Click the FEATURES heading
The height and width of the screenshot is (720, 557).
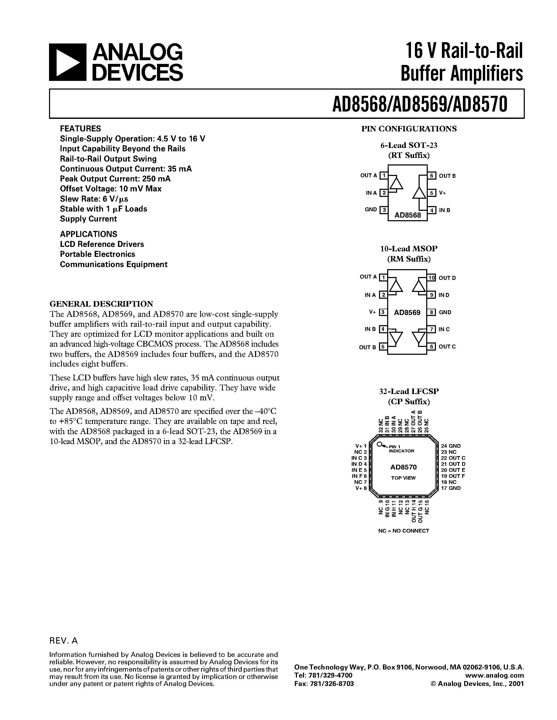80,129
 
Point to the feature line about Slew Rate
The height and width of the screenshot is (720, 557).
94,199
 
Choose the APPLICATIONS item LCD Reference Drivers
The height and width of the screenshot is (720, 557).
102,244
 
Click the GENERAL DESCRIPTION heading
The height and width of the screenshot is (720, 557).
101,304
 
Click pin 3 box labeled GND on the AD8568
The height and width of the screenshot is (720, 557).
384,210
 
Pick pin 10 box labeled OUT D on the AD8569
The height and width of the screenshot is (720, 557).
431,278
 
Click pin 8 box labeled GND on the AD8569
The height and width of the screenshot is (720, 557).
431,312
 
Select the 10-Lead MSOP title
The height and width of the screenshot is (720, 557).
409,248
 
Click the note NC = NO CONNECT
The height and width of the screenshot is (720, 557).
404,531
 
